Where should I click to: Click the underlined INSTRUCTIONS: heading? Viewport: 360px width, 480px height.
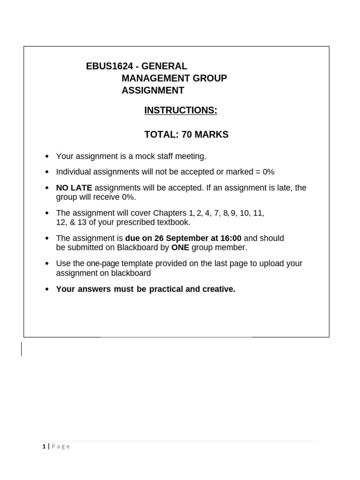tap(180, 110)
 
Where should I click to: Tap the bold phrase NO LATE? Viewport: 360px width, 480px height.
tap(74, 188)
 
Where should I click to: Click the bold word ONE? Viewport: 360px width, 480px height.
tap(180, 247)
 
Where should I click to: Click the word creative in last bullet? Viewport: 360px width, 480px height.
tap(217, 289)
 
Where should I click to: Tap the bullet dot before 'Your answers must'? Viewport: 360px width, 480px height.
tap(46, 290)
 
